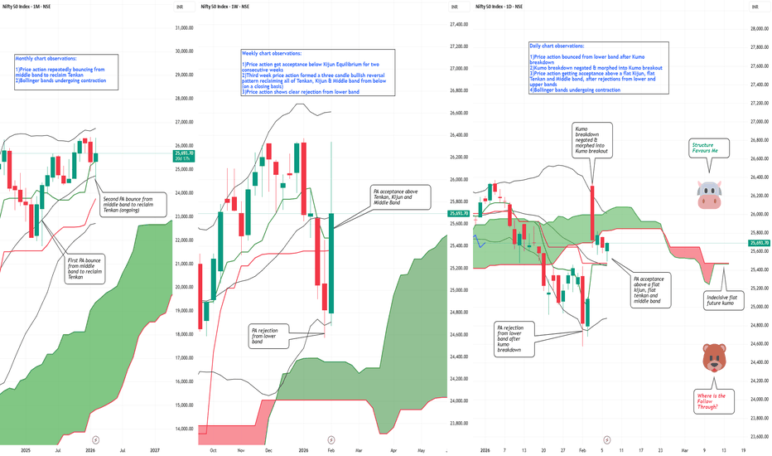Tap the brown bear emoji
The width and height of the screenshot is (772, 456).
(714, 357)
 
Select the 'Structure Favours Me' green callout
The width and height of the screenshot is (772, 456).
(710, 149)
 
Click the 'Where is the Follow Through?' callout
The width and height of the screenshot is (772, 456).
(714, 401)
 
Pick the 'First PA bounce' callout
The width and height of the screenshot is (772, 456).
(85, 270)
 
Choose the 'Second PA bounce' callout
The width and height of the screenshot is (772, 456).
(132, 203)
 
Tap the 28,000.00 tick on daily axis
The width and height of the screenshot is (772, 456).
(760, 28)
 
